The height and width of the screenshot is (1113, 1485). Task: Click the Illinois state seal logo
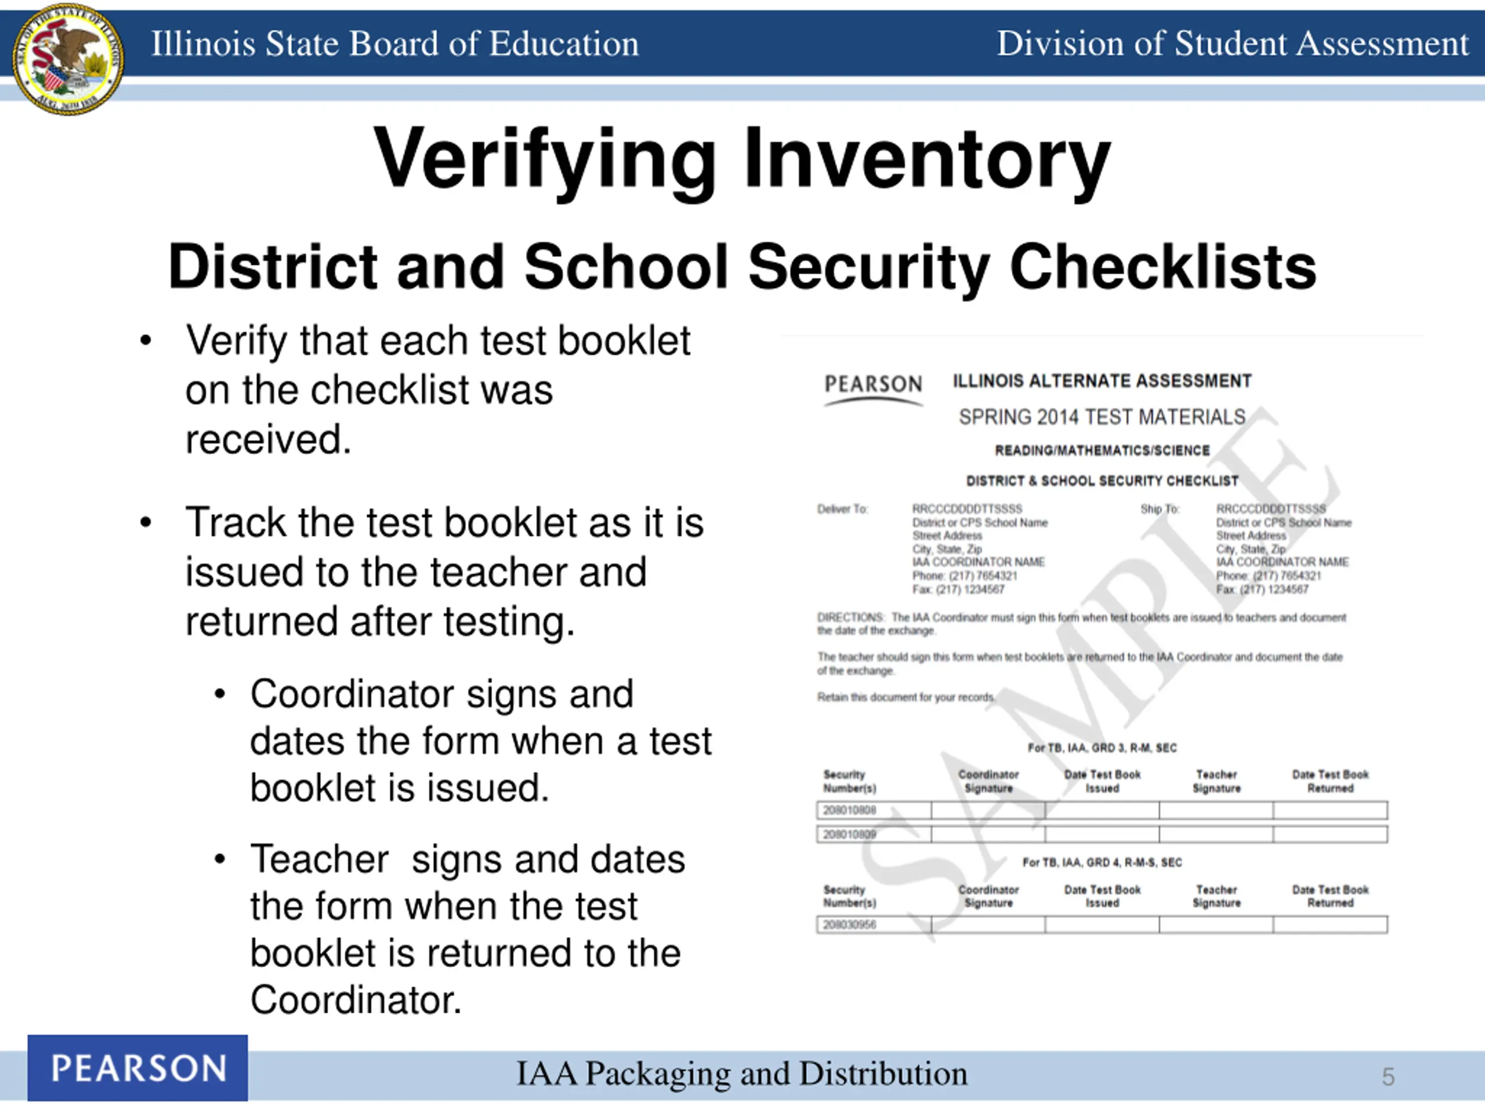68,59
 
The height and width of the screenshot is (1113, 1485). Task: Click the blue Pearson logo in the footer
137,1068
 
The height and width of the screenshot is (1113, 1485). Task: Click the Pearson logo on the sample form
873,385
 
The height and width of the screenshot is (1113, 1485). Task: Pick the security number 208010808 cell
850,810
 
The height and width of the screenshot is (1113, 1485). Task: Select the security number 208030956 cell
850,925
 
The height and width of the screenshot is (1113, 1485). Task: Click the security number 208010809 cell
850,835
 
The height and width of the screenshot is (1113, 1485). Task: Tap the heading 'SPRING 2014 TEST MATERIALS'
1102,417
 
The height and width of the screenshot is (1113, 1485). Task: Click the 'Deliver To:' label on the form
842,509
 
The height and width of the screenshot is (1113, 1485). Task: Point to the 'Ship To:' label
1160,509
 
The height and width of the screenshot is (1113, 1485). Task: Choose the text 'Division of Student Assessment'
1232,43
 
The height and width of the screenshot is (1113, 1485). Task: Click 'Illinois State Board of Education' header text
395,43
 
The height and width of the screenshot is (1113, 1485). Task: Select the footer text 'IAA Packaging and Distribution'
742,1074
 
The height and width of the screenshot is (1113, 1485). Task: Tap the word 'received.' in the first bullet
269,440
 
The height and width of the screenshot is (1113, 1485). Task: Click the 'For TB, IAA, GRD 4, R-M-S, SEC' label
1102,863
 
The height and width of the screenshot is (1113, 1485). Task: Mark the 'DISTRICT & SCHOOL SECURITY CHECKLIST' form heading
1102,481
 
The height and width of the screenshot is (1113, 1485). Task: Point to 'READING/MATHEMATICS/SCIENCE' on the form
1102,450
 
